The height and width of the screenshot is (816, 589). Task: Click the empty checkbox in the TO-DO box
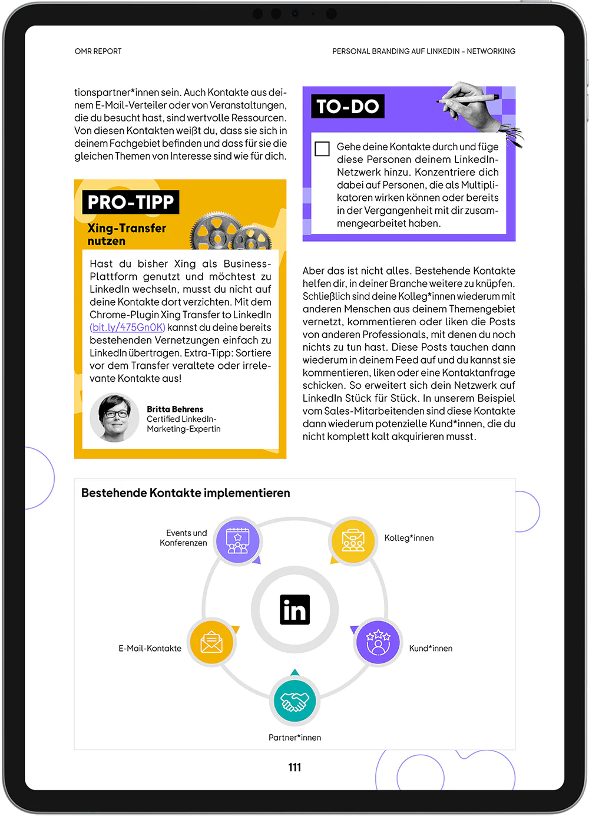pyautogui.click(x=322, y=148)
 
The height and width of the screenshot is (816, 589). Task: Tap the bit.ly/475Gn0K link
pyautogui.click(x=127, y=328)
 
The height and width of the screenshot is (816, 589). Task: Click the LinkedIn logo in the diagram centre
pyautogui.click(x=294, y=610)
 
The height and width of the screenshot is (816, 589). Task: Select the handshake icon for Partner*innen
pyautogui.click(x=294, y=701)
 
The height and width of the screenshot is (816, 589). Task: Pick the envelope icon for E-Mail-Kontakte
pyautogui.click(x=211, y=642)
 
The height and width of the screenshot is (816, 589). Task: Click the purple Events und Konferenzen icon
pyautogui.click(x=237, y=541)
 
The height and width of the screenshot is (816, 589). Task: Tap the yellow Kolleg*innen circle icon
pyautogui.click(x=353, y=540)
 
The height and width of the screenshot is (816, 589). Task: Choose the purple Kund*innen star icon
pyautogui.click(x=378, y=642)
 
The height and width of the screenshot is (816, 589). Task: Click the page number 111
pyautogui.click(x=294, y=767)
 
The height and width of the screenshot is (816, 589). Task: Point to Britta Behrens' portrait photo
pyautogui.click(x=115, y=417)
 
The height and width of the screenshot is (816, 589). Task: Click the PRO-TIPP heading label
pyautogui.click(x=131, y=203)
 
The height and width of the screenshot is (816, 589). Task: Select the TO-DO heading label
pyautogui.click(x=348, y=107)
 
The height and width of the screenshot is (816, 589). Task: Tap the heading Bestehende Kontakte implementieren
pyautogui.click(x=186, y=493)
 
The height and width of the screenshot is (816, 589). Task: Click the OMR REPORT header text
pyautogui.click(x=98, y=51)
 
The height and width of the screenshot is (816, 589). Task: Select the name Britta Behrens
pyautogui.click(x=175, y=409)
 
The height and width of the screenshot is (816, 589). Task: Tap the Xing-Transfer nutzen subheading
pyautogui.click(x=127, y=234)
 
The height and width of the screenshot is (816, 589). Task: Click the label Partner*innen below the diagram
pyautogui.click(x=294, y=738)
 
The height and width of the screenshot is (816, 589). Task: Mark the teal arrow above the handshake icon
pyautogui.click(x=295, y=672)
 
